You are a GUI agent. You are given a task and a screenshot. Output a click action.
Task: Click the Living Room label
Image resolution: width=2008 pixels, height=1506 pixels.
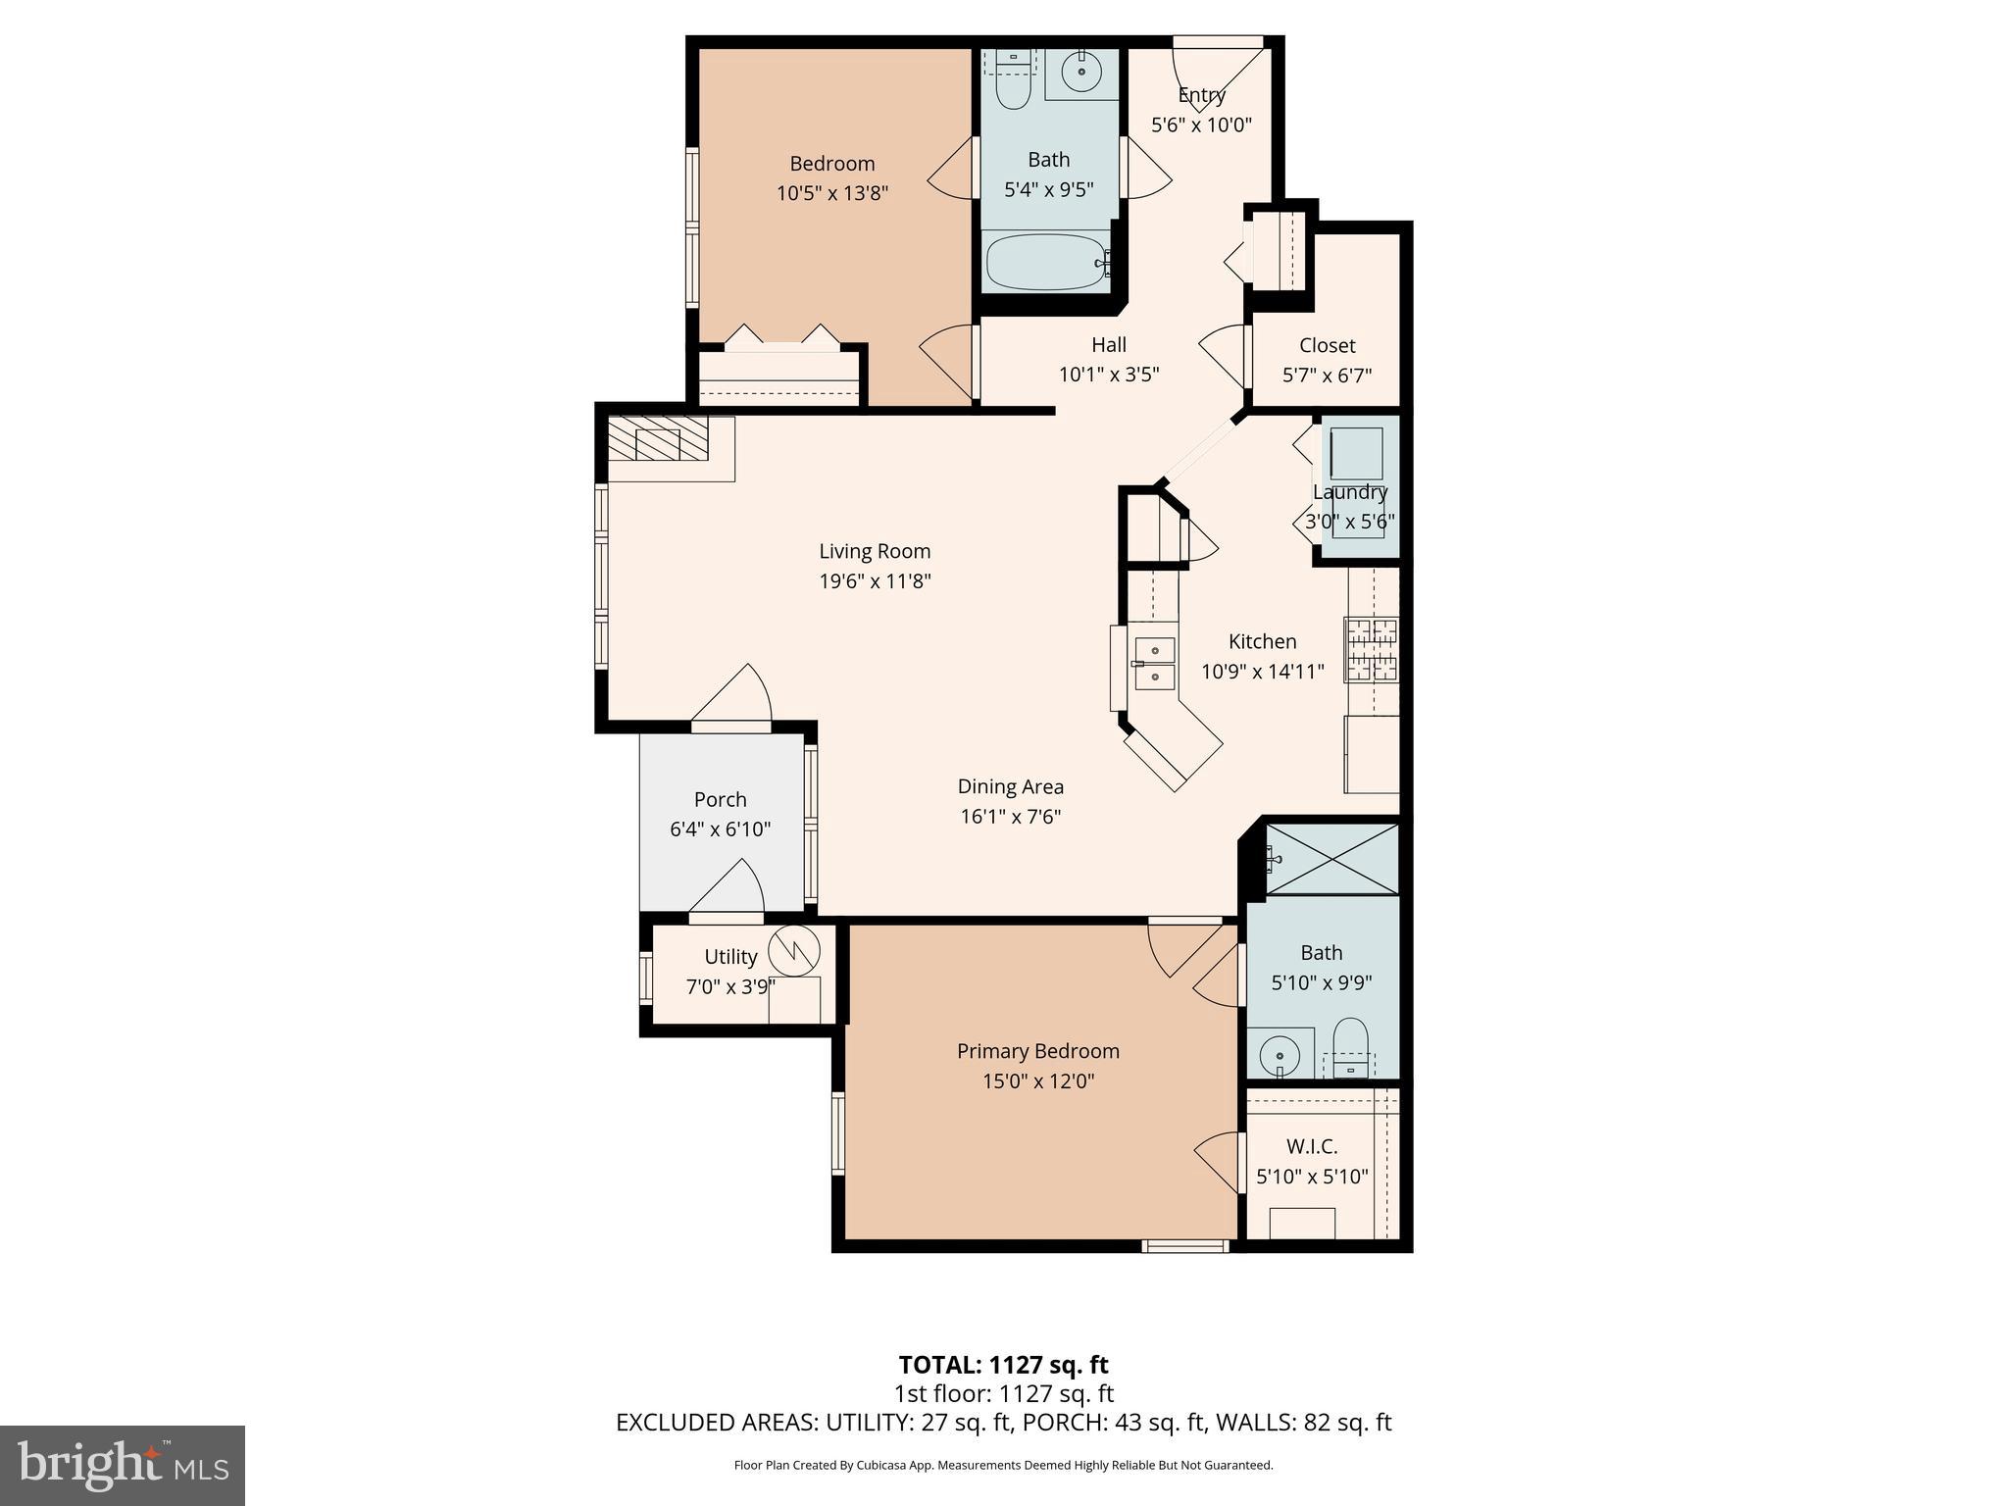click(875, 551)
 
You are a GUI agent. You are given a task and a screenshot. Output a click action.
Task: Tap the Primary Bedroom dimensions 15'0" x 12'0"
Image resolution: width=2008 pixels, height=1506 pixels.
click(1038, 1081)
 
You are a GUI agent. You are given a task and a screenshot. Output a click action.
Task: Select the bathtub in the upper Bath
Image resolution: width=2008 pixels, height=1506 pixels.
click(1046, 262)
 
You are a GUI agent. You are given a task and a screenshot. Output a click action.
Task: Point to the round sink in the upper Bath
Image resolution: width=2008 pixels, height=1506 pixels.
click(1081, 72)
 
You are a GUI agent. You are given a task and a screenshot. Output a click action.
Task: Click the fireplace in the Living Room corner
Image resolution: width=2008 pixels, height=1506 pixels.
click(658, 444)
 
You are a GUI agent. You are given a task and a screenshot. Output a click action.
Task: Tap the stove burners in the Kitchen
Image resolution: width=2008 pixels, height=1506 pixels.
click(1372, 650)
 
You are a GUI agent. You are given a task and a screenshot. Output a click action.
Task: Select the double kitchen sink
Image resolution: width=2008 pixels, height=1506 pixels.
click(1154, 663)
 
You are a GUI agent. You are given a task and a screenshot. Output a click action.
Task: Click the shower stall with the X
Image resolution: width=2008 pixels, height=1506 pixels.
click(1331, 859)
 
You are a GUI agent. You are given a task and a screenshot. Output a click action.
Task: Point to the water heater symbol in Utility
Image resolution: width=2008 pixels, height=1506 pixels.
click(793, 950)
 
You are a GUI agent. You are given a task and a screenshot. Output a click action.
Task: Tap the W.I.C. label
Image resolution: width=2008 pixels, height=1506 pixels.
click(1312, 1146)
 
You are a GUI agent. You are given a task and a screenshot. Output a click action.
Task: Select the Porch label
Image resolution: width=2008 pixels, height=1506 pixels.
click(720, 799)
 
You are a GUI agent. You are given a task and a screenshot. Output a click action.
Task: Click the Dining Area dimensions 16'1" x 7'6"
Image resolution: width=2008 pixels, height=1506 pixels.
click(1010, 816)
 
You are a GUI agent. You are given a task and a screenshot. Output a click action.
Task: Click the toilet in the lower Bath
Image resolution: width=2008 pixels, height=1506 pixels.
click(1351, 1045)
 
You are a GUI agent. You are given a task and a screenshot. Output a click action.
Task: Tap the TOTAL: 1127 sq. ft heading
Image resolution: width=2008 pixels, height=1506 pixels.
click(1003, 1365)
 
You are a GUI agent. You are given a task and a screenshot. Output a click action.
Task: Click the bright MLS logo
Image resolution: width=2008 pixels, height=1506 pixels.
click(123, 1465)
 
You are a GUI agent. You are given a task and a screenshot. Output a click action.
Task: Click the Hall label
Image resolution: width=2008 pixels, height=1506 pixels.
click(1109, 345)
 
